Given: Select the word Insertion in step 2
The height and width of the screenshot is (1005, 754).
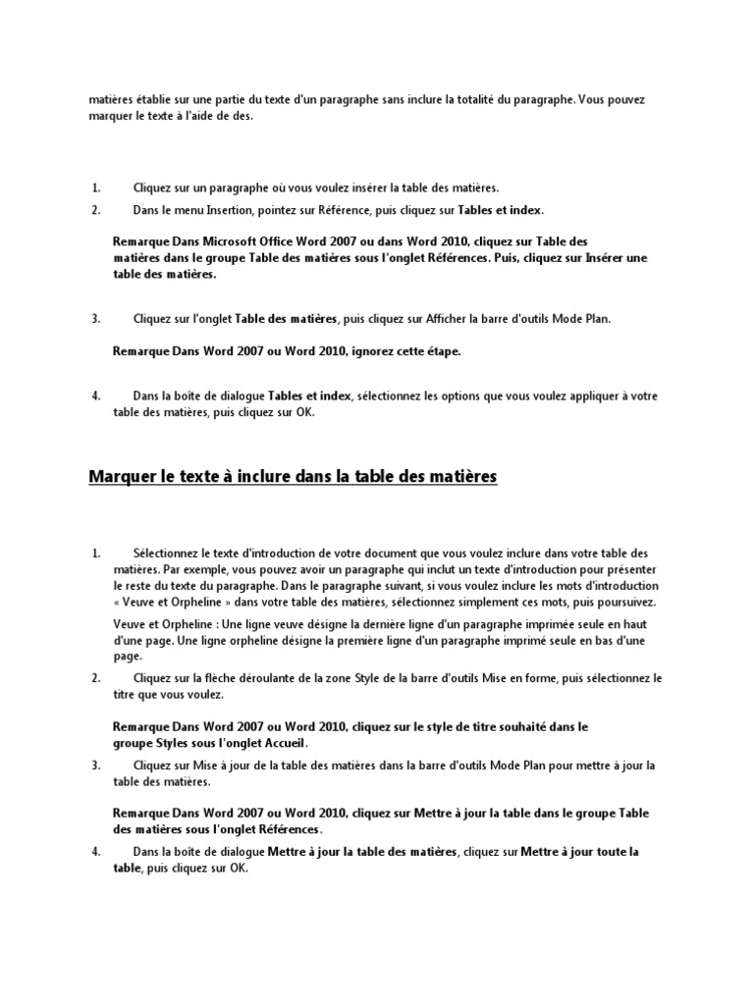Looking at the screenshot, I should (x=230, y=210).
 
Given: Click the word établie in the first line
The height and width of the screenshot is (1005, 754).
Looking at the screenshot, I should (x=157, y=100).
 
